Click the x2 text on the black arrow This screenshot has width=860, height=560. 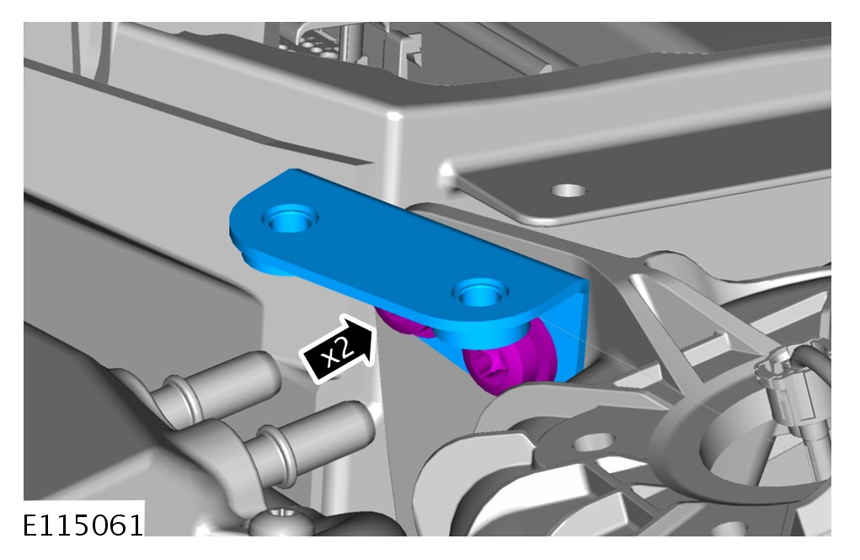tap(337, 351)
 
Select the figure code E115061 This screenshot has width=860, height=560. tap(83, 525)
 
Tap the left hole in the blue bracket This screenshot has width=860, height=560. tap(291, 219)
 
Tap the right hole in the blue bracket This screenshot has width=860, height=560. tap(480, 293)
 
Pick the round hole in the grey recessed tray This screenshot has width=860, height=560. tap(569, 191)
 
